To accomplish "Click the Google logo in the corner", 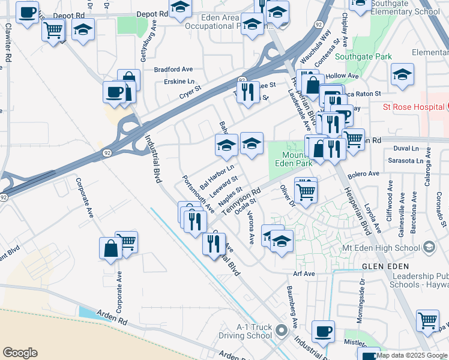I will [x=20, y=353].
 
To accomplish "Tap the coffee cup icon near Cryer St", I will [x=115, y=92].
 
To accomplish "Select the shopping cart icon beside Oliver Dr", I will [x=306, y=191].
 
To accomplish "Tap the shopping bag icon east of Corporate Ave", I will [x=111, y=248].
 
